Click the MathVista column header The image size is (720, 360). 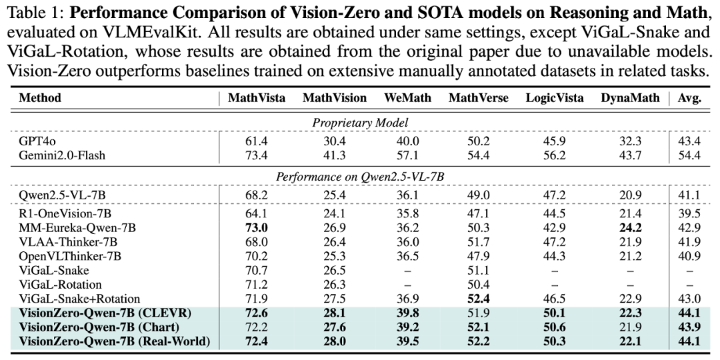pyautogui.click(x=256, y=98)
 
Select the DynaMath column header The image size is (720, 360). pyautogui.click(x=630, y=98)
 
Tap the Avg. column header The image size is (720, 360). pyautogui.click(x=690, y=98)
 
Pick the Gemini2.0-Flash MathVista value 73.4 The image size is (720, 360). pyautogui.click(x=257, y=155)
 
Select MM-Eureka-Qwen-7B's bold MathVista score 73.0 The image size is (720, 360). pyautogui.click(x=257, y=227)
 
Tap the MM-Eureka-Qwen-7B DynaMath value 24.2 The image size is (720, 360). pyautogui.click(x=630, y=227)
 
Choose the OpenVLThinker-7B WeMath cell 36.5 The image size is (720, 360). pyautogui.click(x=407, y=256)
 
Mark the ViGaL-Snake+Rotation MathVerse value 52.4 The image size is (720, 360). pyautogui.click(x=479, y=299)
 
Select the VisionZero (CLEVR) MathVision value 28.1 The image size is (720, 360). pyautogui.click(x=334, y=313)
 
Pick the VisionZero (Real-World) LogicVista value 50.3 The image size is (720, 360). pyautogui.click(x=555, y=341)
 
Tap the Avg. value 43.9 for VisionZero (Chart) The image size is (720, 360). pyautogui.click(x=690, y=327)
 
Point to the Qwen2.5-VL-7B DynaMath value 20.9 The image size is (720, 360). pyautogui.click(x=630, y=195)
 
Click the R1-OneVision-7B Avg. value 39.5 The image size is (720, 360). pyautogui.click(x=690, y=213)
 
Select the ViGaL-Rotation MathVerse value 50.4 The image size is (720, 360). pyautogui.click(x=479, y=285)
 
